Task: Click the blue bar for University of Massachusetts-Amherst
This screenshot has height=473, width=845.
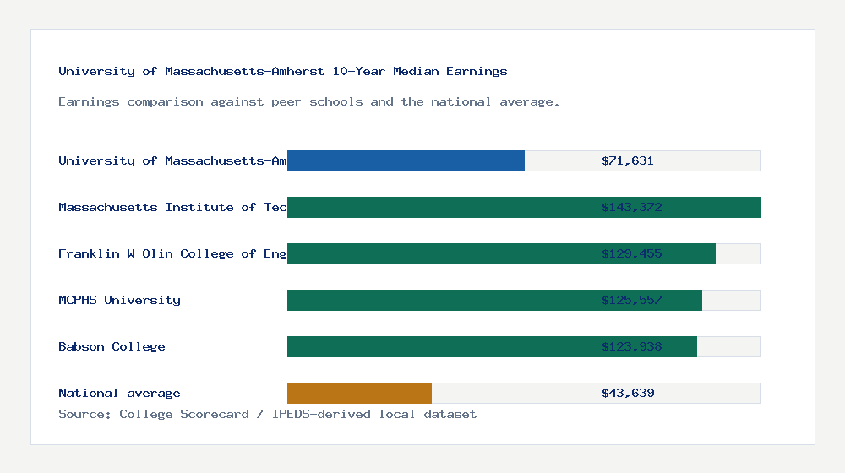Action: [406, 160]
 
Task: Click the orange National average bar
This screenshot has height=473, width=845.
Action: [359, 393]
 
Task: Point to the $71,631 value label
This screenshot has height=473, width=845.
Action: [628, 160]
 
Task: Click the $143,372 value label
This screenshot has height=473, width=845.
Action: [628, 207]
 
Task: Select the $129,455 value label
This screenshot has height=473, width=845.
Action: [628, 253]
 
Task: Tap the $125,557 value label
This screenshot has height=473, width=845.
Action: [628, 300]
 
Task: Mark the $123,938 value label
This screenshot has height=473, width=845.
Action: [628, 346]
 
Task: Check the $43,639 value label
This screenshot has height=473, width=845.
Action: [628, 393]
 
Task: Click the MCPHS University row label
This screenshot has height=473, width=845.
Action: [119, 300]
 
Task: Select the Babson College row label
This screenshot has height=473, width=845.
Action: [112, 346]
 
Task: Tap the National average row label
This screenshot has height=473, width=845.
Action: [119, 393]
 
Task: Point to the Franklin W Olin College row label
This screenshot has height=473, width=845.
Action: [172, 253]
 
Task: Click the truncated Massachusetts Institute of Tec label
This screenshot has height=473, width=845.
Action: [172, 207]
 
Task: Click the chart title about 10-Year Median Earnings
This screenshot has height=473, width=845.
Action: [283, 71]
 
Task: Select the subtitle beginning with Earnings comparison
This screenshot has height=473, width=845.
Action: [308, 101]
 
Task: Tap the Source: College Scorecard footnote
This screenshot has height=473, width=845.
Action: [267, 414]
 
